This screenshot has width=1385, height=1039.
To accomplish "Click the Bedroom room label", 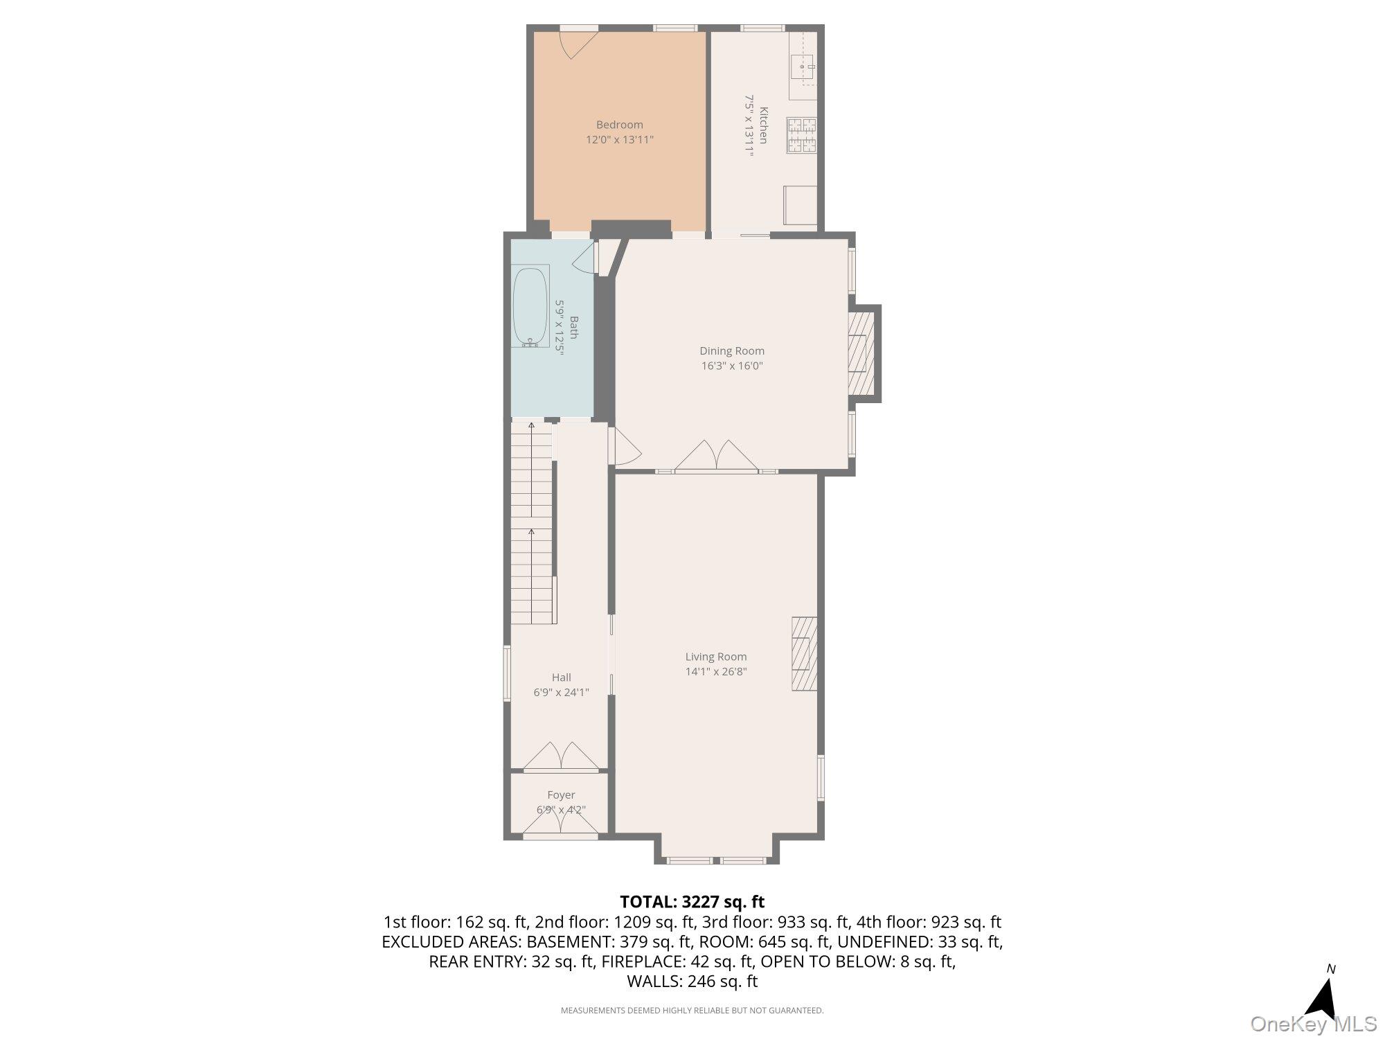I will [x=619, y=125].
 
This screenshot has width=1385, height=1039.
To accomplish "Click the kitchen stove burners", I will [x=801, y=136].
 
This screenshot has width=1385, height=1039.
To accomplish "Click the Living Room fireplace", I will [x=805, y=653].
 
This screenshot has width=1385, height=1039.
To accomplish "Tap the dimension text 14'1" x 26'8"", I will [x=716, y=671].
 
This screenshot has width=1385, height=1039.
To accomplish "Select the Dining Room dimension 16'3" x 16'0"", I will [x=731, y=366].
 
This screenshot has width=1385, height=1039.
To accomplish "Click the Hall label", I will [x=561, y=677].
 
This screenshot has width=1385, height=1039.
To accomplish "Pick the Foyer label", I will [x=561, y=795].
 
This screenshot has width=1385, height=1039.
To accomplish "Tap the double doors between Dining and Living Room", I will [x=717, y=456].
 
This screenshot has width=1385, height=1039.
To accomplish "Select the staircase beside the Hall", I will [x=532, y=523].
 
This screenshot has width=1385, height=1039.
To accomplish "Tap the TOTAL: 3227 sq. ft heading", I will [x=692, y=902].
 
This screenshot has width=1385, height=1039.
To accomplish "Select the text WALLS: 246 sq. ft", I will [x=692, y=981].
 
